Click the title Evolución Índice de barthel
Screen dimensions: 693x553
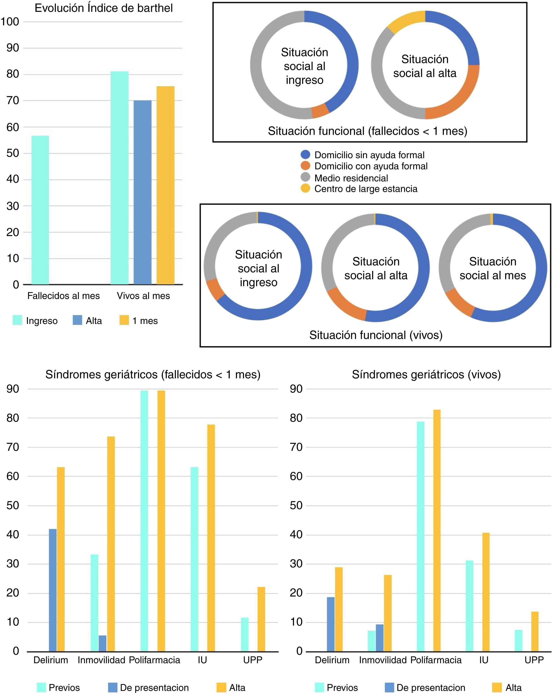pyautogui.click(x=103, y=8)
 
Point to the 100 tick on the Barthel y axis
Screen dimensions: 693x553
pyautogui.click(x=10, y=22)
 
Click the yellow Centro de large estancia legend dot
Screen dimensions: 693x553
pyautogui.click(x=305, y=189)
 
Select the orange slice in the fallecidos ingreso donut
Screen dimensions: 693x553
pyautogui.click(x=320, y=111)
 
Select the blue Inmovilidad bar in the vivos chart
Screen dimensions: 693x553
pyautogui.click(x=380, y=638)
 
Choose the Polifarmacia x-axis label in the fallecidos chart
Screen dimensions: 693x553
pyautogui.click(x=155, y=660)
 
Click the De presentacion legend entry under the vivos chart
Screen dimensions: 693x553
pyautogui.click(x=430, y=688)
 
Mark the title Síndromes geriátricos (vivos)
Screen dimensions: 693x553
pyautogui.click(x=426, y=374)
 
